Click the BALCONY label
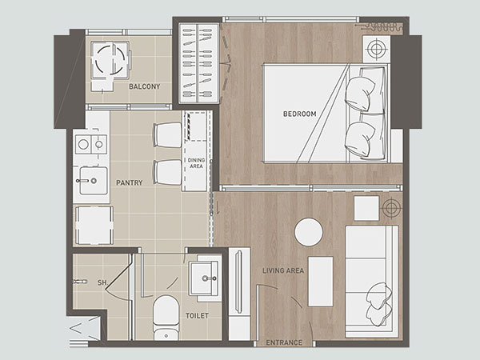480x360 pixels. [x=145, y=86]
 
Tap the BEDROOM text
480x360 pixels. [x=299, y=114]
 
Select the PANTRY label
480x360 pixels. [x=129, y=182]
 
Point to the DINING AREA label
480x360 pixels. [x=196, y=163]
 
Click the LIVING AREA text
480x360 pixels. [x=283, y=270]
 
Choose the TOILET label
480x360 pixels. [x=197, y=316]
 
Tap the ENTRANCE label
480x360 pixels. [x=284, y=342]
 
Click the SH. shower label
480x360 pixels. [x=103, y=282]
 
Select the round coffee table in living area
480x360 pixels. [x=309, y=232]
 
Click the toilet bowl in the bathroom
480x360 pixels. [x=166, y=318]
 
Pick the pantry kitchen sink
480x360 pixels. [x=94, y=181]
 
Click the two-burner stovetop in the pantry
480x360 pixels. [x=91, y=144]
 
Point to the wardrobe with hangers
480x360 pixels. [x=198, y=63]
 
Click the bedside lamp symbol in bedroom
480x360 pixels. [x=377, y=48]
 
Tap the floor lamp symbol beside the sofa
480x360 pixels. [x=391, y=208]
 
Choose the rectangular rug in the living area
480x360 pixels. [x=321, y=282]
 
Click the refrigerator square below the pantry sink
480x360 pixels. [x=94, y=226]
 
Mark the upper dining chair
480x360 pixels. [x=168, y=135]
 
